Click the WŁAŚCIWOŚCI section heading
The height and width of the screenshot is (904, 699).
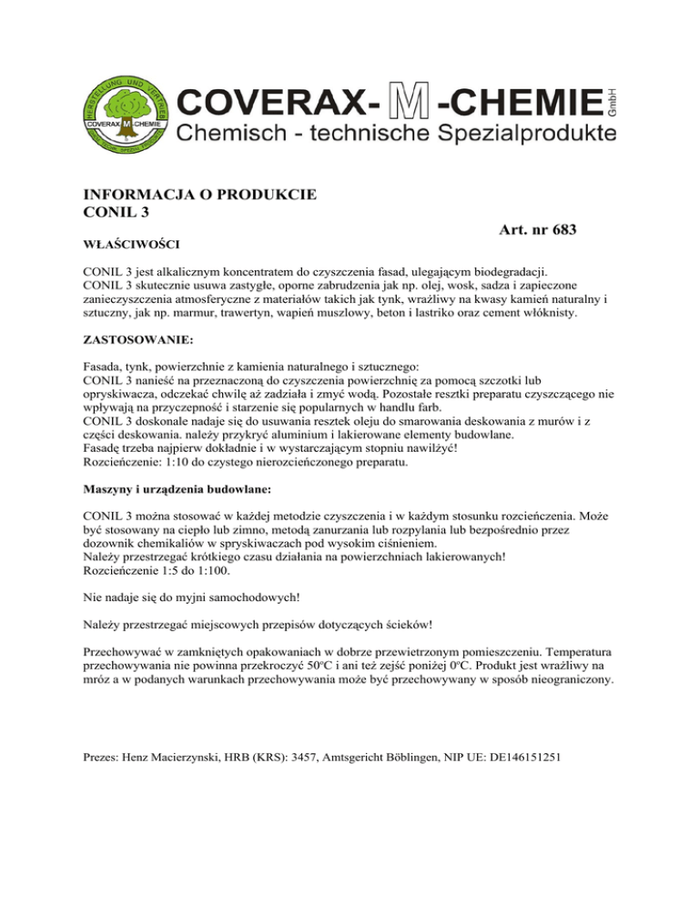coord(130,245)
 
